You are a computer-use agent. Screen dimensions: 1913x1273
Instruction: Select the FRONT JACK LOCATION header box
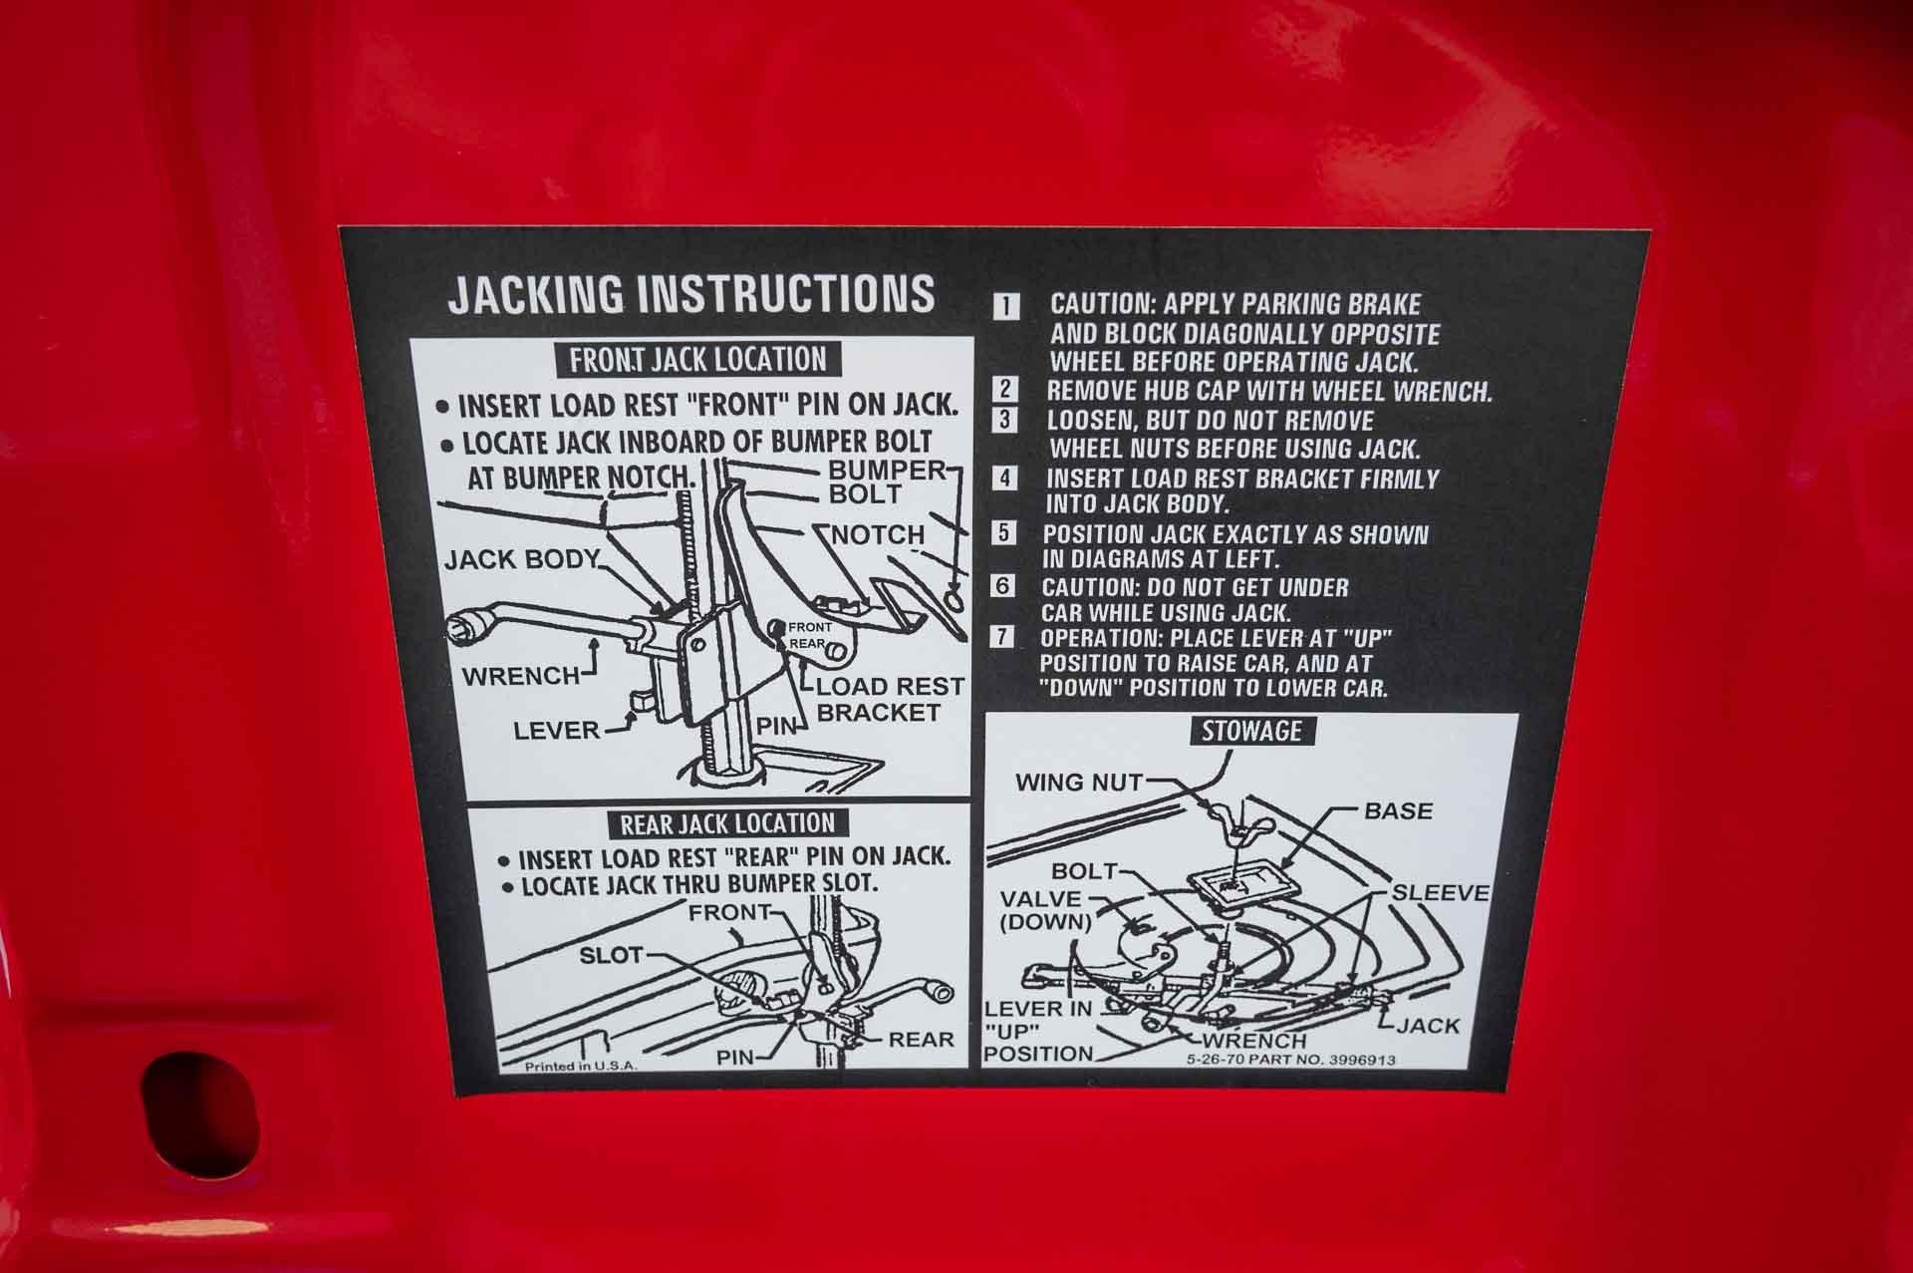[697, 360]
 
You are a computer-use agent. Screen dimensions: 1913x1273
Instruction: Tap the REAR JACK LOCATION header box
[726, 823]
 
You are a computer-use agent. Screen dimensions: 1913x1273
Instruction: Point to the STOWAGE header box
[1251, 731]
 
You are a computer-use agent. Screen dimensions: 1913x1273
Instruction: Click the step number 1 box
[1007, 306]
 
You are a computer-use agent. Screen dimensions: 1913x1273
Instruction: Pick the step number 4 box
[1005, 478]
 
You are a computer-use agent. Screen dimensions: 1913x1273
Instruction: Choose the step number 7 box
[1001, 637]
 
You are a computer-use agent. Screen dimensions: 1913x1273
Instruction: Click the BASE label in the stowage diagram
[1398, 810]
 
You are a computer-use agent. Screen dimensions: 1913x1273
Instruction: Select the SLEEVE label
[1440, 893]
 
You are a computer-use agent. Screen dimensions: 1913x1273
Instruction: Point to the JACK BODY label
[522, 559]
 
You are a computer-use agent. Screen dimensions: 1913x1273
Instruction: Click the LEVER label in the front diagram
[557, 731]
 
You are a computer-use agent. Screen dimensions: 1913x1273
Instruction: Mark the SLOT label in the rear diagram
[611, 955]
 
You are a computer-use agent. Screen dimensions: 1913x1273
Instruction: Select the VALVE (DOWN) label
[1045, 910]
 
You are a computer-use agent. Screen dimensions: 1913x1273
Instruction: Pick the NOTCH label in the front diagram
[879, 534]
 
